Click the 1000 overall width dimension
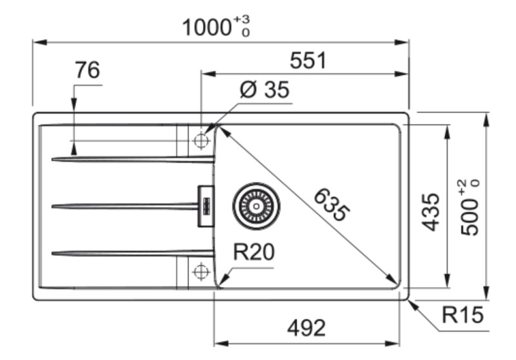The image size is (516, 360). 206,28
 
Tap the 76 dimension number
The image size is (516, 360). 88,70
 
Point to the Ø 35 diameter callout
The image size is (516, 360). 264,90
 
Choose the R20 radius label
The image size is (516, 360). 253,253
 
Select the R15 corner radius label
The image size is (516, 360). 462,315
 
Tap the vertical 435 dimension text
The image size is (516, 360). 430,212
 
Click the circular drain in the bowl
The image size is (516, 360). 257,206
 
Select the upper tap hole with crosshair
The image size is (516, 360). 201,140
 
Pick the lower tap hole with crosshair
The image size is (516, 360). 201,272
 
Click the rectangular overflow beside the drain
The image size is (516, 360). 206,206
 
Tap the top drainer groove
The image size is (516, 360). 129,159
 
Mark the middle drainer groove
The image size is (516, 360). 123,206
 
